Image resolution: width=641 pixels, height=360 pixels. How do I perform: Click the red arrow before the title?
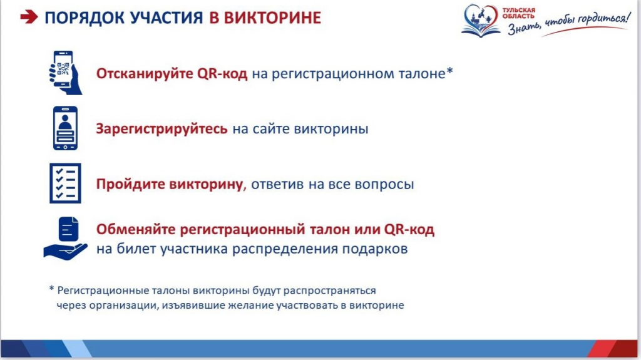tap(29, 17)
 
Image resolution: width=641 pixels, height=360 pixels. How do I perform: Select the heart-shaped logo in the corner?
tap(481, 20)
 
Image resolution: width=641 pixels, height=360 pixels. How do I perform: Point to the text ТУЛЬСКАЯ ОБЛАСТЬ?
tap(518, 13)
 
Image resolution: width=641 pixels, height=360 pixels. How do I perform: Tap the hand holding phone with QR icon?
tap(65, 73)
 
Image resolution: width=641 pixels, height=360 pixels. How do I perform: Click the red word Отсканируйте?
tap(145, 74)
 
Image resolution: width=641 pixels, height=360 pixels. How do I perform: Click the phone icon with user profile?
tap(65, 128)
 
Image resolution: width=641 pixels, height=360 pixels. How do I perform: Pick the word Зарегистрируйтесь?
tap(162, 129)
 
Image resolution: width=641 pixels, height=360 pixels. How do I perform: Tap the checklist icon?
tap(65, 183)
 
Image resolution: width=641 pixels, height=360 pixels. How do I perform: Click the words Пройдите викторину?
tap(170, 184)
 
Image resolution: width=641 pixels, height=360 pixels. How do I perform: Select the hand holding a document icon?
tap(65, 239)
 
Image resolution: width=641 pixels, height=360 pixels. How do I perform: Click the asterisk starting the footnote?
tap(51, 289)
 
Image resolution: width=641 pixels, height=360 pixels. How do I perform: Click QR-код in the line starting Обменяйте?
tap(409, 230)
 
